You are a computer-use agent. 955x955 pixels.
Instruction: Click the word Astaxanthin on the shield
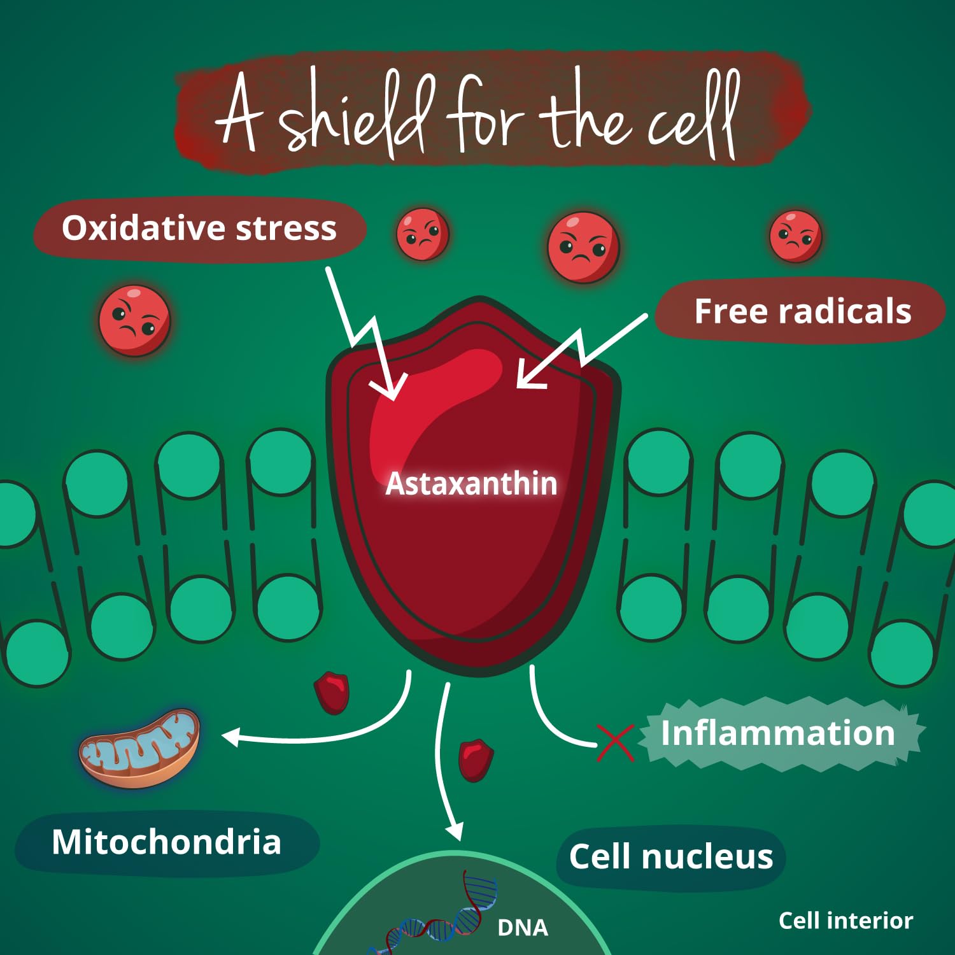[x=471, y=484]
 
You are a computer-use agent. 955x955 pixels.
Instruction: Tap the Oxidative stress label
[x=199, y=229]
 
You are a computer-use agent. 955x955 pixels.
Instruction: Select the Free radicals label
[x=802, y=311]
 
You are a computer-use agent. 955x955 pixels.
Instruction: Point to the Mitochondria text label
[x=166, y=842]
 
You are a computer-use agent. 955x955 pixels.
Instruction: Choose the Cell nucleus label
[x=671, y=857]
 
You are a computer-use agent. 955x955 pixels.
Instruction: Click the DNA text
[x=523, y=928]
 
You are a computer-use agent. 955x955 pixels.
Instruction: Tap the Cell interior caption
[x=845, y=921]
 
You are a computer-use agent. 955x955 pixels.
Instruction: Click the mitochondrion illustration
[x=139, y=748]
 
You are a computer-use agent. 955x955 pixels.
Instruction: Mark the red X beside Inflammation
[x=615, y=743]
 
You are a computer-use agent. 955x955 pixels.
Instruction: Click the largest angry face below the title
[x=583, y=248]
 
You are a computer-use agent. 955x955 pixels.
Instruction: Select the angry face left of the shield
[x=134, y=320]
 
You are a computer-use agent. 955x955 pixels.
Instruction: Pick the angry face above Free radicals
[x=795, y=236]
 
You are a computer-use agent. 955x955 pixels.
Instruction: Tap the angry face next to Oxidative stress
[x=422, y=234]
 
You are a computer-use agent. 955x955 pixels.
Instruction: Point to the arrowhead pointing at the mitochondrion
[x=230, y=737]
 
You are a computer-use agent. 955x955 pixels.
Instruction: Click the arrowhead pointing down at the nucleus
[x=454, y=831]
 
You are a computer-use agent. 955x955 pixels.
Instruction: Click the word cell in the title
[x=694, y=118]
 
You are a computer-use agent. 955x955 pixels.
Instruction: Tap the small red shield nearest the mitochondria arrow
[x=332, y=692]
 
